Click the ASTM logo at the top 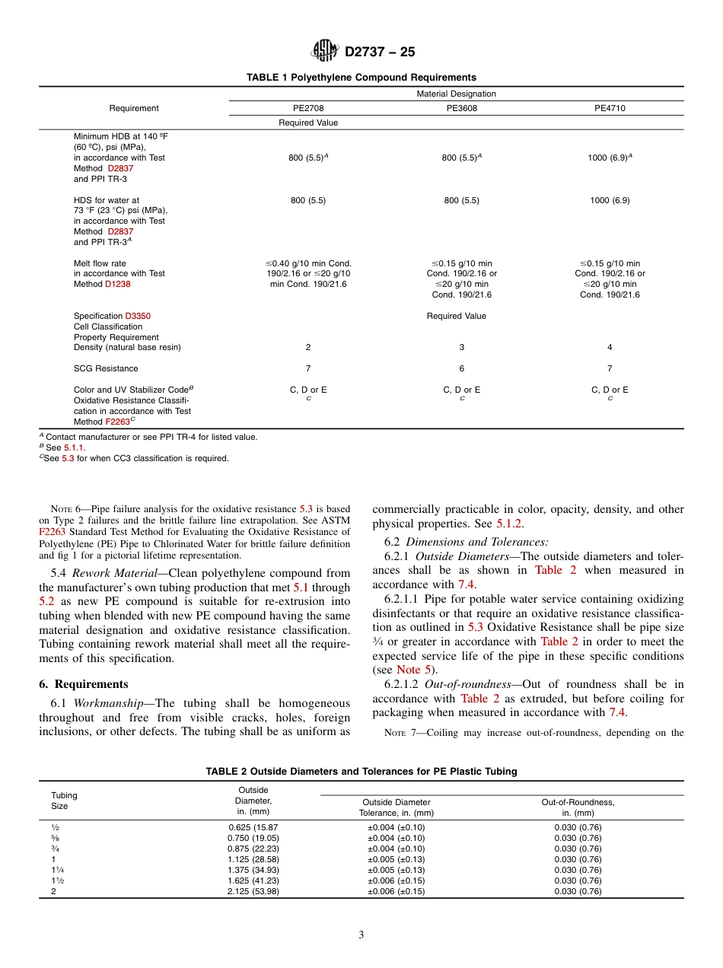(x=326, y=52)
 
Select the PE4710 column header (x=610, y=109)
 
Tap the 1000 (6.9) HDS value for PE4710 (x=610, y=200)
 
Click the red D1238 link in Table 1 (x=118, y=284)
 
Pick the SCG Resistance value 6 (x=461, y=368)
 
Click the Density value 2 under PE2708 (x=308, y=347)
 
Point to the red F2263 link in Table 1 (x=118, y=422)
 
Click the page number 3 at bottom (x=361, y=935)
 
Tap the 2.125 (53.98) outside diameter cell (x=253, y=891)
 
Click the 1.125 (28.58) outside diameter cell (x=253, y=859)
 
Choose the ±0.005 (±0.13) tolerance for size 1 (x=397, y=859)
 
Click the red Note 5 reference (x=414, y=670)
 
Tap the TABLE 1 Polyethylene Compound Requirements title (x=361, y=78)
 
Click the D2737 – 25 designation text (x=380, y=53)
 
